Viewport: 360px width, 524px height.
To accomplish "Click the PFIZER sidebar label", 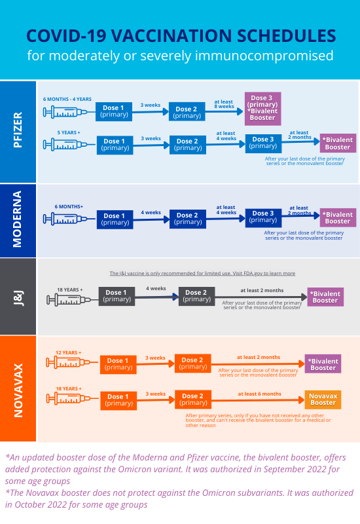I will tap(18, 131).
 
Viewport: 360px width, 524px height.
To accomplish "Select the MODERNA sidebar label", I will tap(18, 219).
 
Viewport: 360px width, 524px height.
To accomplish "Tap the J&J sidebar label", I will tap(18, 296).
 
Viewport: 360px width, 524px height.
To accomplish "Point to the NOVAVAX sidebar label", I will tap(18, 388).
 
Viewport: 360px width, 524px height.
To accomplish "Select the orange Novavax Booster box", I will tap(323, 399).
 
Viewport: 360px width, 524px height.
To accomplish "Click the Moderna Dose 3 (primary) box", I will tap(264, 217).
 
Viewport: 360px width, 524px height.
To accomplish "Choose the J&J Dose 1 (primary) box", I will tap(117, 296).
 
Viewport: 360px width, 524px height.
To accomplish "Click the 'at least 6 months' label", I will tap(259, 394).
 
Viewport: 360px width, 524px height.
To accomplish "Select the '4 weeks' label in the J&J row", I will tap(156, 288).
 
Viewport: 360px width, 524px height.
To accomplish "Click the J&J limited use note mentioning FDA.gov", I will tap(202, 273).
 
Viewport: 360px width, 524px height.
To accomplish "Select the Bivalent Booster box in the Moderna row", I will tap(338, 217).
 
